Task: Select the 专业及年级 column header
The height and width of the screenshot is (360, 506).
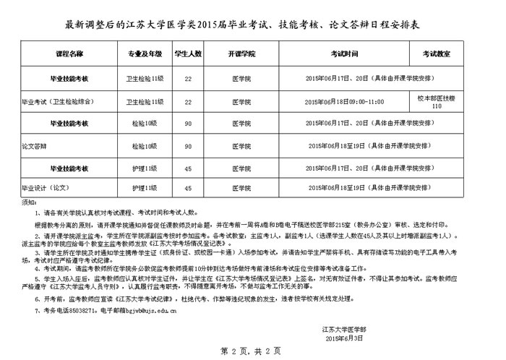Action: click(144, 54)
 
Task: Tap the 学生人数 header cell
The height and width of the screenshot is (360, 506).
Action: click(188, 54)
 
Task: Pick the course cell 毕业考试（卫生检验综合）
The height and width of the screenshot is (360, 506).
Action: click(60, 102)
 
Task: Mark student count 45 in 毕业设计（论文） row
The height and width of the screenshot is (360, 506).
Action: click(188, 189)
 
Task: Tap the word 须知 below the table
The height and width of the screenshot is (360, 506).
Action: click(27, 203)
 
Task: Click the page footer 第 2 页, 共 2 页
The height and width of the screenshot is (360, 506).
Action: click(253, 351)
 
